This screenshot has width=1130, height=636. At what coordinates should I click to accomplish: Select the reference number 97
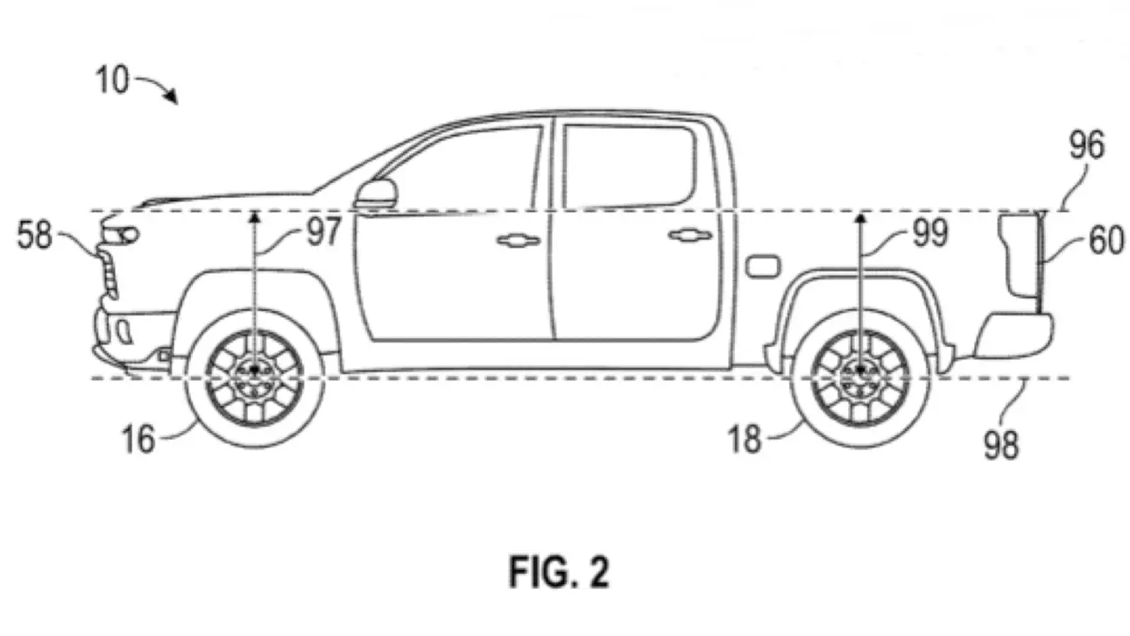323,233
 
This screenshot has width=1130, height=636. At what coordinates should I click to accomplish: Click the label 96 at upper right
1085,147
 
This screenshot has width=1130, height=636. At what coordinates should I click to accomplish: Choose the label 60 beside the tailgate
1106,240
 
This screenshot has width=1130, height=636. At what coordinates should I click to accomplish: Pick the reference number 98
1001,445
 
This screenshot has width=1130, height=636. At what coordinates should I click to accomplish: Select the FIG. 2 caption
559,573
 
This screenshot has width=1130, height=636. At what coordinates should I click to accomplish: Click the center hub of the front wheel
255,371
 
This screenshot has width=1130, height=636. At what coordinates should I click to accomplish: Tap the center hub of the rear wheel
861,371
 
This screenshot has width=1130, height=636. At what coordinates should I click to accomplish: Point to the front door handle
518,239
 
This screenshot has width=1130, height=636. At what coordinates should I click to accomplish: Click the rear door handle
690,235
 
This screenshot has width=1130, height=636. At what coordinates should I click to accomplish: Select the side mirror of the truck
377,194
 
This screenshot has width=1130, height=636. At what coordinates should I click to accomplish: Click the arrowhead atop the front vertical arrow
255,213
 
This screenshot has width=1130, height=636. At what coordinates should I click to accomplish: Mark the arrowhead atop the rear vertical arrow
861,213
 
